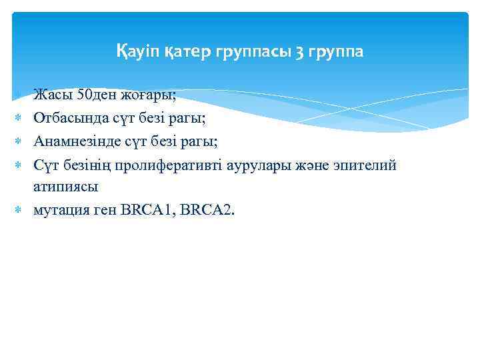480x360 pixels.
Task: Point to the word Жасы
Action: point(53,95)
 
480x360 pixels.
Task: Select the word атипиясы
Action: point(65,187)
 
